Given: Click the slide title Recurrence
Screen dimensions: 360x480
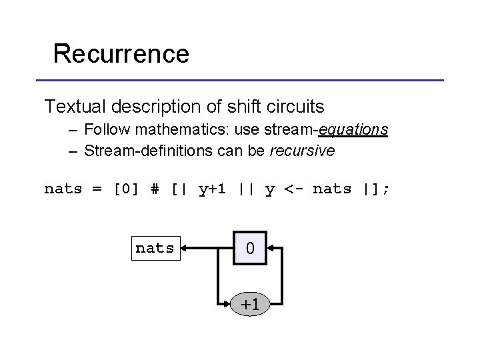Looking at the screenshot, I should [x=121, y=53].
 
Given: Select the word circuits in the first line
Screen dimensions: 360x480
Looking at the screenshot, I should [x=297, y=106].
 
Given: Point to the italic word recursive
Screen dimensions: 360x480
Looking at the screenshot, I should [x=302, y=151].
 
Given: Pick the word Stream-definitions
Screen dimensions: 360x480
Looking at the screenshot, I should [x=143, y=151].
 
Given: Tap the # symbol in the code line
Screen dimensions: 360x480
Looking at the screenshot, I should [x=155, y=189].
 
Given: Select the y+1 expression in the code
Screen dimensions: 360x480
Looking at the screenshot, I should [x=213, y=189].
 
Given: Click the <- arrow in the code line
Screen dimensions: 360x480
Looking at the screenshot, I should [x=294, y=189].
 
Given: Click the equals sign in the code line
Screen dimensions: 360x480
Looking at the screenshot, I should [x=97, y=189].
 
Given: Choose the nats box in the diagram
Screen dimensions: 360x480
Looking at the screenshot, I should [x=155, y=249].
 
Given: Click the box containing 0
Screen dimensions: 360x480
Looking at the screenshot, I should [x=249, y=249].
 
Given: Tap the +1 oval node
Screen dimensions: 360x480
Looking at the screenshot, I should [x=249, y=305].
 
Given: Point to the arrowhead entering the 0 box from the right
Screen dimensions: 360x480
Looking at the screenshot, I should [x=272, y=249].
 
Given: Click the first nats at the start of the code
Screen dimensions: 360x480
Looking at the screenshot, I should [x=63, y=189].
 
